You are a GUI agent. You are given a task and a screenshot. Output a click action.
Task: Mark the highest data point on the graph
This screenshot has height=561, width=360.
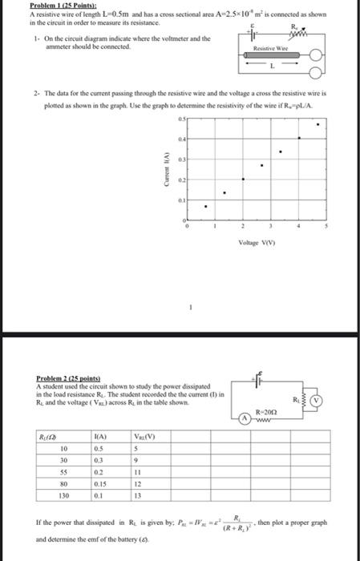319,125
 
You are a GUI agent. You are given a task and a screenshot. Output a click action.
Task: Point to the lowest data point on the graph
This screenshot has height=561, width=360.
206,207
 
